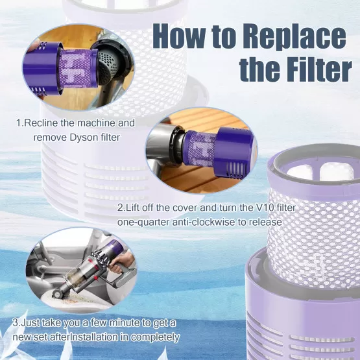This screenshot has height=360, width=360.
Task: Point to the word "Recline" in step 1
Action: pyautogui.click(x=41, y=123)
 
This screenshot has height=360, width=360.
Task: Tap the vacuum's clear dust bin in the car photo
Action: pyautogui.click(x=74, y=279)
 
